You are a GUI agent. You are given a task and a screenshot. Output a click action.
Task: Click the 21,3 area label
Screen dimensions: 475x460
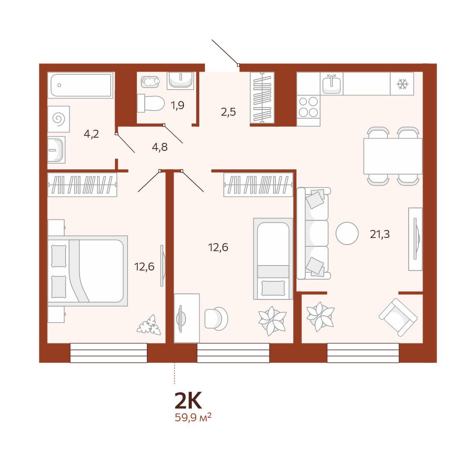tap(380, 234)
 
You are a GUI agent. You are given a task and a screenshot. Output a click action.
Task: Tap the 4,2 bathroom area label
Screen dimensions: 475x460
tap(91, 134)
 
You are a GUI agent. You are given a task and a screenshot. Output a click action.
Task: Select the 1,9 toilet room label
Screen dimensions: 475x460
tap(177, 106)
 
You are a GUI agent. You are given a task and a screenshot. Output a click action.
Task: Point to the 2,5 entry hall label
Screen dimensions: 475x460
tap(228, 112)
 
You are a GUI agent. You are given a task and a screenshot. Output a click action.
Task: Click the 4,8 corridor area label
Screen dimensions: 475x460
tap(160, 147)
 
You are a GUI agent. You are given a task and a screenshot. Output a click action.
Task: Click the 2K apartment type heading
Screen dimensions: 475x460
tap(188, 400)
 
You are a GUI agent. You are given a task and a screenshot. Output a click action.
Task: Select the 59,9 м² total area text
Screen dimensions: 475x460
tap(193, 418)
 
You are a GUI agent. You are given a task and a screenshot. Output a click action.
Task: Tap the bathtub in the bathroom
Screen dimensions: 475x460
tap(80, 85)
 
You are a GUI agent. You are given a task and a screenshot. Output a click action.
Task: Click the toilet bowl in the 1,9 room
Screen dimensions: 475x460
tap(150, 103)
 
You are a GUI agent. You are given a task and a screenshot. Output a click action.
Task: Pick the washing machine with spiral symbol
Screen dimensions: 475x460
tap(59, 119)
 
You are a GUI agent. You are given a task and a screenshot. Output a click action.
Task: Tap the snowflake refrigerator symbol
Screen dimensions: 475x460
tap(402, 84)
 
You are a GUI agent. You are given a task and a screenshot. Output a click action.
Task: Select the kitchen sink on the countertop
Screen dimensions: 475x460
tap(332, 84)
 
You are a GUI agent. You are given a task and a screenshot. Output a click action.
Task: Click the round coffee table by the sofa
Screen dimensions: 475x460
tap(347, 233)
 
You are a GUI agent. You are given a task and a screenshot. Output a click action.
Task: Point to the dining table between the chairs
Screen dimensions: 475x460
tap(393, 156)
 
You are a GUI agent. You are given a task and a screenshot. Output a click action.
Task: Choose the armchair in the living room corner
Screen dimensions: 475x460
tap(398, 317)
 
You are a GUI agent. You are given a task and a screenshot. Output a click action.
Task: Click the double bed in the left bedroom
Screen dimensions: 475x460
tap(88, 271)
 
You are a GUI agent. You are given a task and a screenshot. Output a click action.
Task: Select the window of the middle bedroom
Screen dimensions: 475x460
tap(233, 353)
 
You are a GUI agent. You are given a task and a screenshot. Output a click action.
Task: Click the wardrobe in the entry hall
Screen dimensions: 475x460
tap(262, 98)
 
